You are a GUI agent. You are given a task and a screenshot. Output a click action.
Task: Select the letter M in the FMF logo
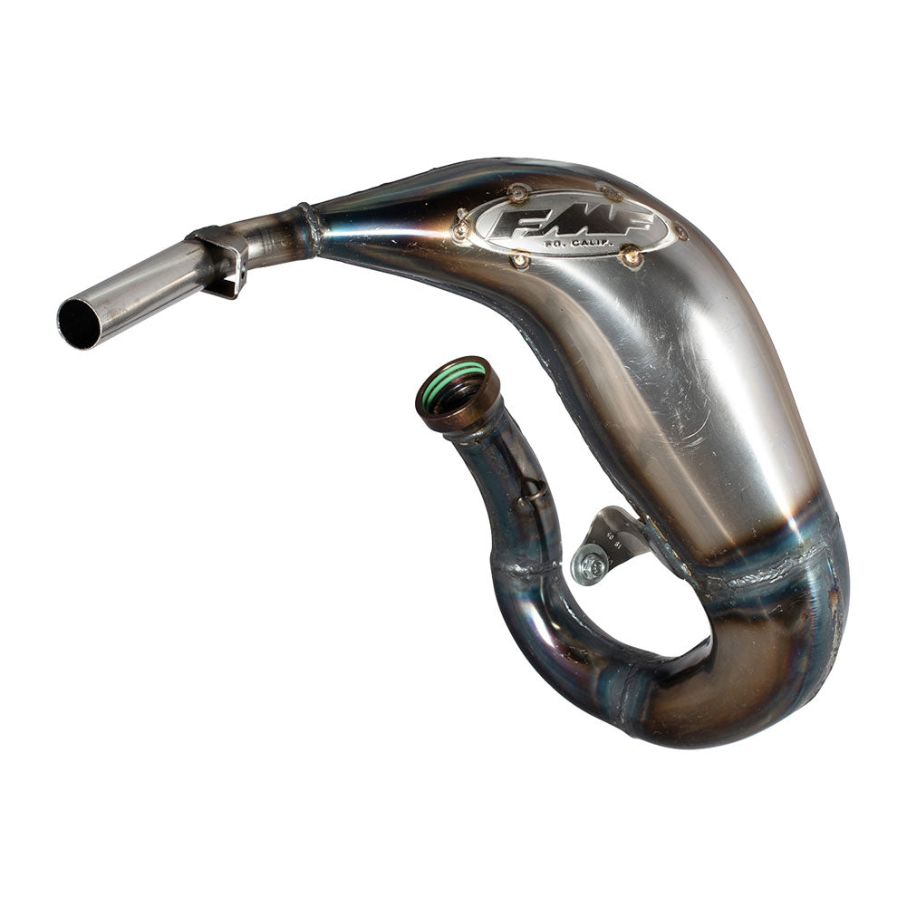pos(570,223)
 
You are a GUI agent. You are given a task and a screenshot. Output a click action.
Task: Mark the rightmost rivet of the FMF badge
pos(682,231)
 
